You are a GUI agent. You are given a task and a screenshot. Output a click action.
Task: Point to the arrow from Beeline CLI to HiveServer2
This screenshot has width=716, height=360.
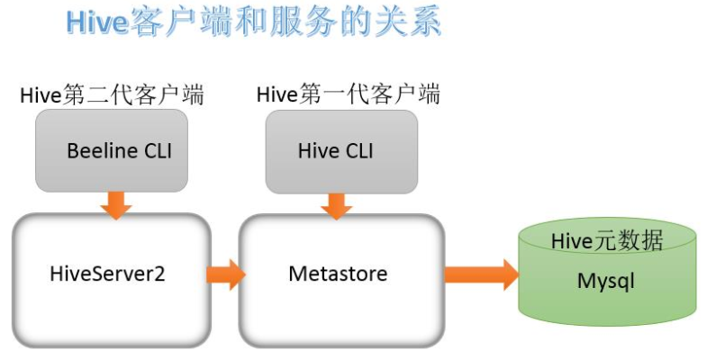[x=115, y=205]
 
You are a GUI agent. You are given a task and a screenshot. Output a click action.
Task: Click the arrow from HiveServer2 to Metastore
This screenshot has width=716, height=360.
[x=226, y=273]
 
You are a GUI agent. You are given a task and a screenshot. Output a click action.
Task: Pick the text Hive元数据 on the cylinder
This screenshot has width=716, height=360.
[x=606, y=240]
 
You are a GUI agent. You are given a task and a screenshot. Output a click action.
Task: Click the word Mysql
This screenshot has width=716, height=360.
[x=606, y=281]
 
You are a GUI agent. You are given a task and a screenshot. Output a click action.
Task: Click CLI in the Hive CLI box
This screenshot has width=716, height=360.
[x=357, y=150]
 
